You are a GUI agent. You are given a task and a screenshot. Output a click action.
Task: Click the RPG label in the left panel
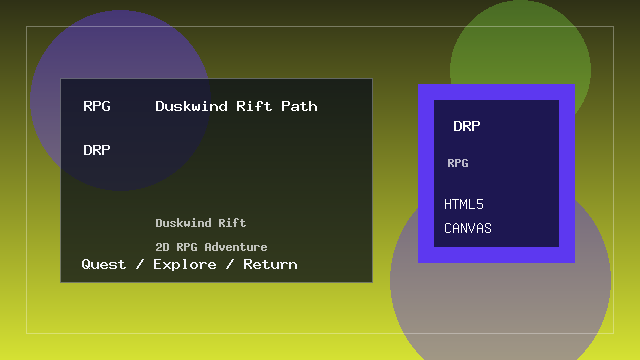coord(97,106)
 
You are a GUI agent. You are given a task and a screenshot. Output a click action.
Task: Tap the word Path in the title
coord(299,106)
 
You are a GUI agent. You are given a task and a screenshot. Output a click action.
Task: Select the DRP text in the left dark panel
coord(97,150)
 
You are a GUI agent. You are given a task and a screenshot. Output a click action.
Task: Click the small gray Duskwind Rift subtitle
coord(200,223)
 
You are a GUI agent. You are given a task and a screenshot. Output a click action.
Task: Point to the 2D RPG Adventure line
coord(211,246)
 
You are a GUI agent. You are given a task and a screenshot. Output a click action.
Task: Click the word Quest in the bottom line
coord(103,264)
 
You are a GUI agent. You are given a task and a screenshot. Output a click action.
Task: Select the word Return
coord(270,264)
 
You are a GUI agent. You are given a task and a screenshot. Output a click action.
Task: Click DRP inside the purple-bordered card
coord(466,127)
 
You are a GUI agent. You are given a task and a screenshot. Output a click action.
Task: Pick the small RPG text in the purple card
coord(458,163)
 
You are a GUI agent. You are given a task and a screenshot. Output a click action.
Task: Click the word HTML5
coord(464,204)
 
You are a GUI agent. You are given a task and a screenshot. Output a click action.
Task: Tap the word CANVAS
coord(468,228)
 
